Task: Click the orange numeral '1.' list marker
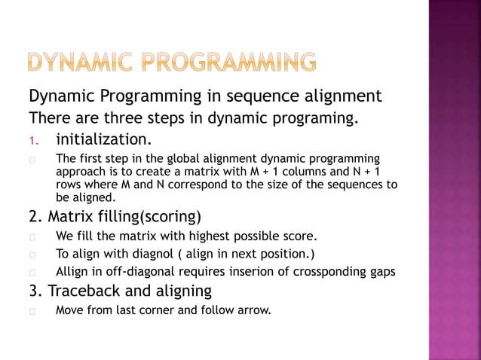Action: [x=34, y=140]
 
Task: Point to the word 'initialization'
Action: [x=103, y=139]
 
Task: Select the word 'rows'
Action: [x=69, y=185]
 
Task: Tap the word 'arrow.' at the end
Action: [x=253, y=309]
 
